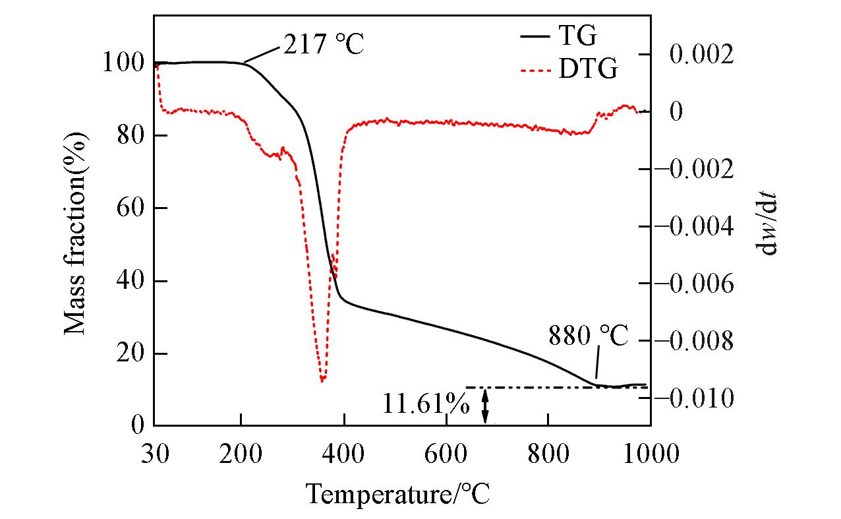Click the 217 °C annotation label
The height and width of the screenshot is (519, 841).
pos(324,45)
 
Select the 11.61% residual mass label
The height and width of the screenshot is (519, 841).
pos(425,403)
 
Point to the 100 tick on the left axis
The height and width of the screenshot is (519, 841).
pos(121,63)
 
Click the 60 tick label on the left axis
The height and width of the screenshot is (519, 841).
pos(129,208)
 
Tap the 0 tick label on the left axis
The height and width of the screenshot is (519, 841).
pos(137,425)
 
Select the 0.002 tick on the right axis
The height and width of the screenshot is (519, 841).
pos(701,54)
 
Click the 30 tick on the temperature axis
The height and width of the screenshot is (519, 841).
pos(154,454)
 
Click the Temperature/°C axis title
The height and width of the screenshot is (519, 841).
pos(397,493)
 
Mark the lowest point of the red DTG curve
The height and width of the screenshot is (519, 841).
pos(322,381)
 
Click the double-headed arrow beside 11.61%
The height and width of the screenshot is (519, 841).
pos(486,406)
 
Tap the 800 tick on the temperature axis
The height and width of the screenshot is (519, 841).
pos(548,454)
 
